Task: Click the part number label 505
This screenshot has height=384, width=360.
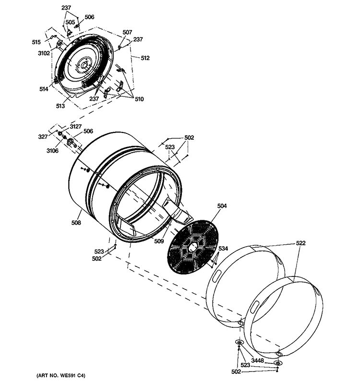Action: pyautogui.click(x=70, y=22)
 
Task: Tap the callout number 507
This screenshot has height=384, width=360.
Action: pyautogui.click(x=127, y=32)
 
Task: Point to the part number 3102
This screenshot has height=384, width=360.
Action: pyautogui.click(x=44, y=53)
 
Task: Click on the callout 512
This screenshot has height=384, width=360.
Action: pyautogui.click(x=145, y=58)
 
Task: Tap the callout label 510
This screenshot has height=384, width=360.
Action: pyautogui.click(x=139, y=100)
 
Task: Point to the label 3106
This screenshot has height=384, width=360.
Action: pyautogui.click(x=52, y=151)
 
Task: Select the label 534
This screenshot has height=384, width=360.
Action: pyautogui.click(x=223, y=249)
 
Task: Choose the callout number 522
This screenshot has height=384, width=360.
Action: pyautogui.click(x=300, y=244)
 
